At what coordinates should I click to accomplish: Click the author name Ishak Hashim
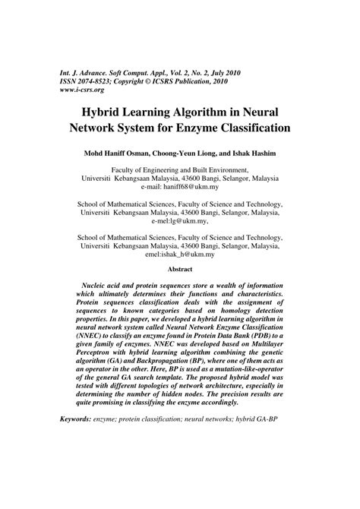click(254, 153)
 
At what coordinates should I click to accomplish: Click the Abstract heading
click(179, 269)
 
